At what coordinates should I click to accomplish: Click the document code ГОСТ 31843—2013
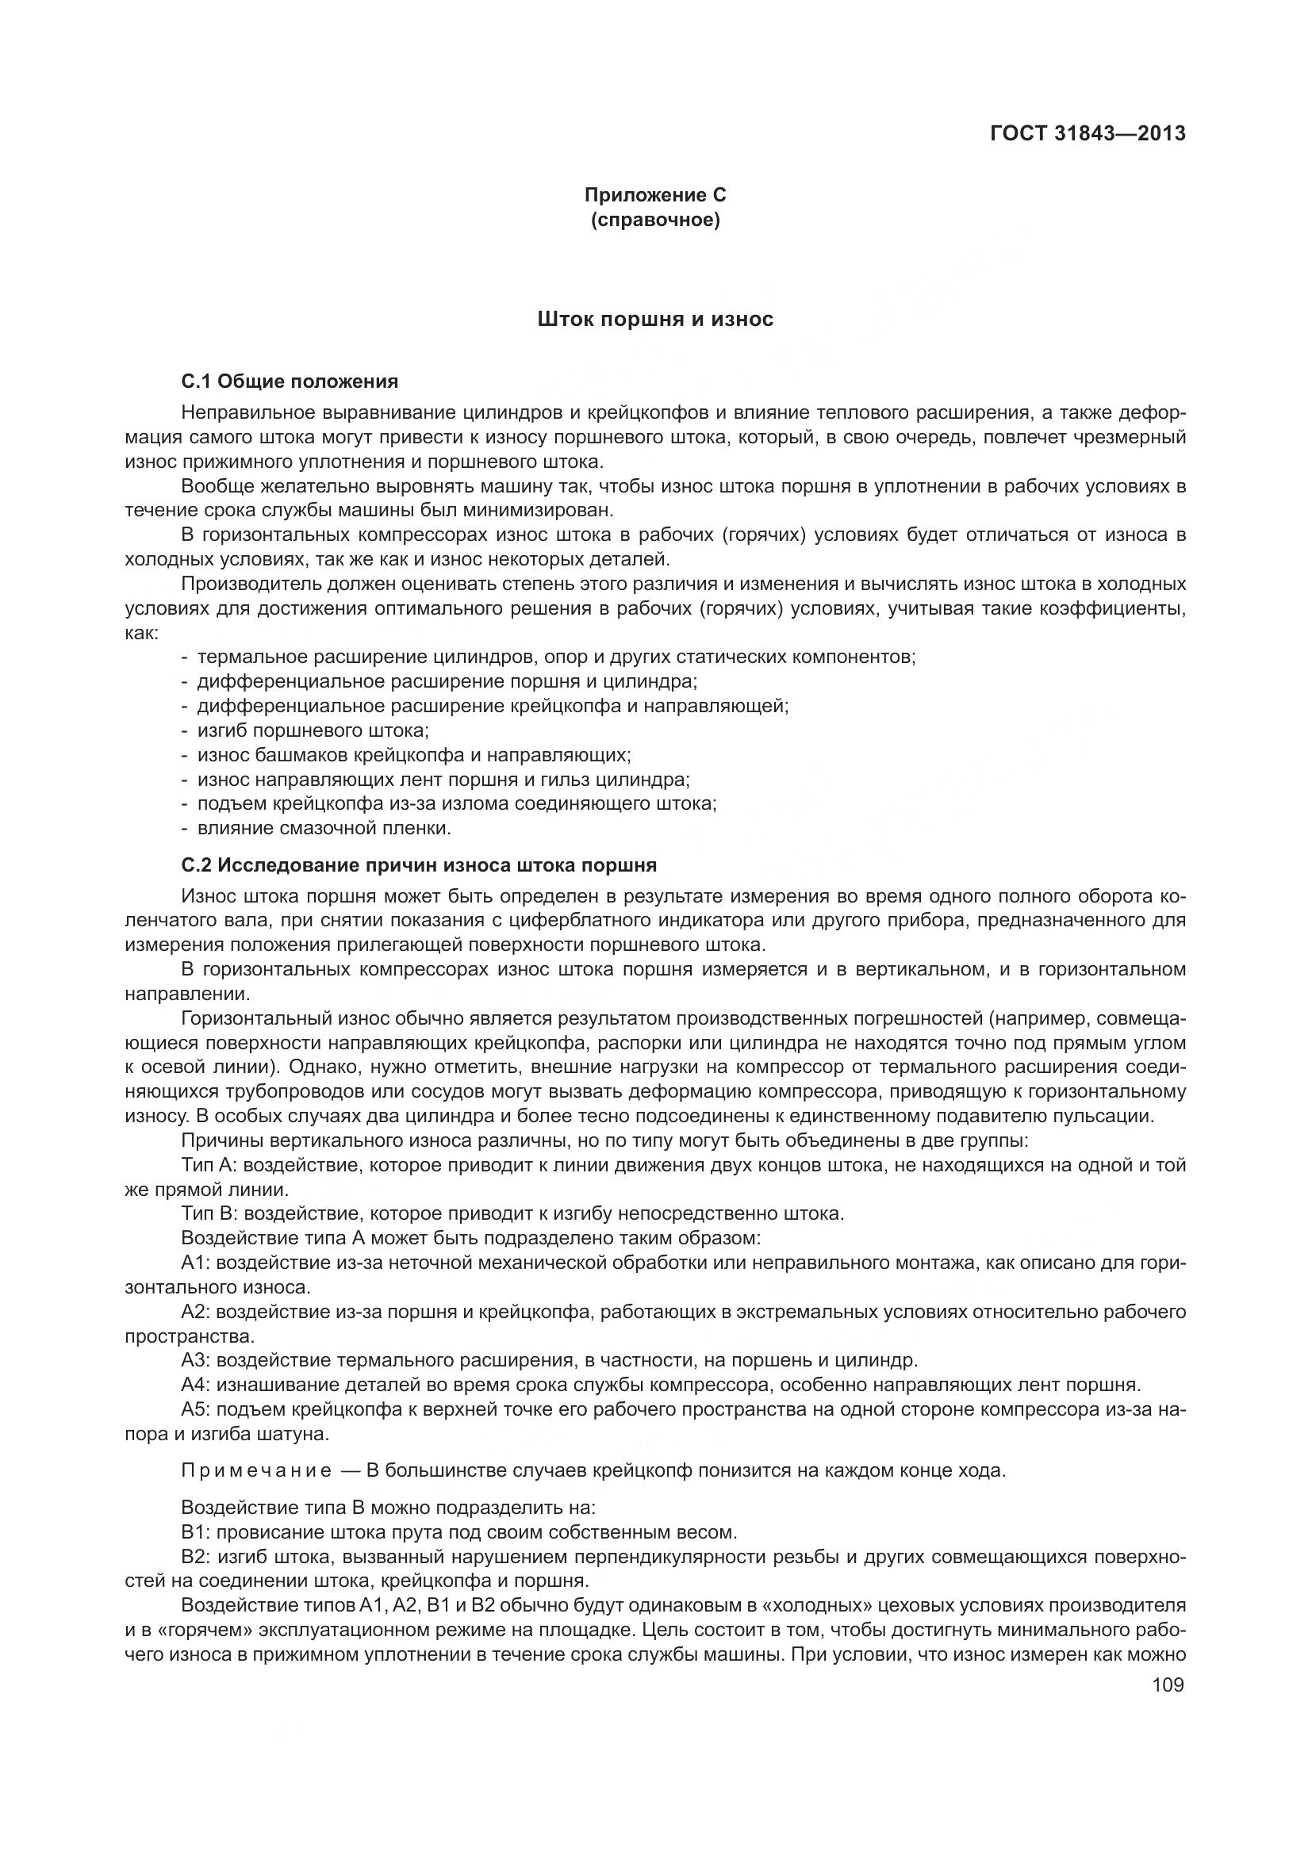[x=1088, y=133]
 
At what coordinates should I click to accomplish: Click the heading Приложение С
[x=655, y=195]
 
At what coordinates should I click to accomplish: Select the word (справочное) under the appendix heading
[x=655, y=220]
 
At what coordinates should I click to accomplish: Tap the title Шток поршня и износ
[x=655, y=320]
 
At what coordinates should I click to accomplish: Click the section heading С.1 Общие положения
[x=290, y=381]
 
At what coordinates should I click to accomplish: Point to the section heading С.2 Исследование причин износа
[x=419, y=865]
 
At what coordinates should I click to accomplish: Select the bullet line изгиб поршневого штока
[x=312, y=730]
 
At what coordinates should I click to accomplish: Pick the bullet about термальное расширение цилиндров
[x=556, y=657]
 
